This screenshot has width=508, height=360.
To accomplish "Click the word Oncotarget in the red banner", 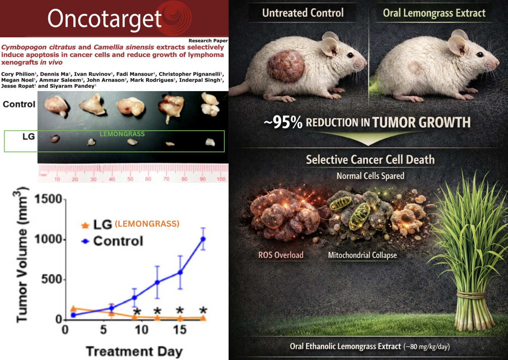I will click(x=105, y=19).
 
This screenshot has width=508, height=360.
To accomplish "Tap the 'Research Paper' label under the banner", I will click(x=208, y=41).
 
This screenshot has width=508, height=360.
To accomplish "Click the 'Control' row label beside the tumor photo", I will click(x=19, y=104).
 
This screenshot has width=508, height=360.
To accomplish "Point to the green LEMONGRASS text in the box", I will click(x=122, y=134).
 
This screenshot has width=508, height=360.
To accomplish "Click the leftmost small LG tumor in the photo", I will click(x=55, y=139).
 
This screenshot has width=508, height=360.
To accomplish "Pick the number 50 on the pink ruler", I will click(x=130, y=179).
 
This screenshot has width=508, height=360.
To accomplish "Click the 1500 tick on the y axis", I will click(x=48, y=199).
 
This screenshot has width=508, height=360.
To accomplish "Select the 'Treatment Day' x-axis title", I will click(x=134, y=351).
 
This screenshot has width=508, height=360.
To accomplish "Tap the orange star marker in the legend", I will click(x=85, y=225).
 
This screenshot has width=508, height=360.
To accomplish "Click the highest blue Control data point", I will click(x=203, y=239).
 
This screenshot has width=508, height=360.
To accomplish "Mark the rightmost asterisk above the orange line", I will click(x=203, y=311).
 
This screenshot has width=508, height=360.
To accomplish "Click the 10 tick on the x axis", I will click(x=141, y=329).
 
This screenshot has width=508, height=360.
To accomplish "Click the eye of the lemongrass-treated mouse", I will click(x=480, y=54).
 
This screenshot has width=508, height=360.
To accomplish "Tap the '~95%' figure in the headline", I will click(x=283, y=122).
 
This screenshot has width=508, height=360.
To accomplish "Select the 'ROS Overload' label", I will click(x=281, y=255).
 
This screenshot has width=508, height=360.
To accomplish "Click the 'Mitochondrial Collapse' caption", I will click(x=362, y=255).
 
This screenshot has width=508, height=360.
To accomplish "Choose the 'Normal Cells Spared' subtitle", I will click(x=370, y=176).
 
